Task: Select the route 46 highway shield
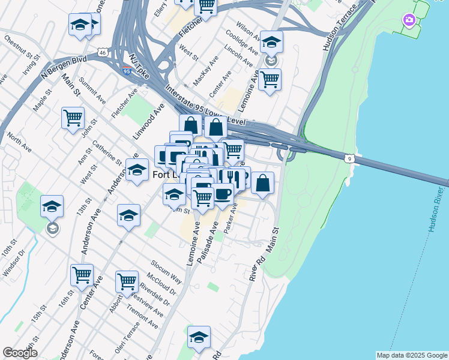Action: [x=104, y=53]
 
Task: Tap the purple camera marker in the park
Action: [x=409, y=21]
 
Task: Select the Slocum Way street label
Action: [x=166, y=272]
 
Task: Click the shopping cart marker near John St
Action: [x=73, y=118]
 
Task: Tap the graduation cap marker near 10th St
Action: [x=52, y=206]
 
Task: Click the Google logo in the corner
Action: [x=20, y=353]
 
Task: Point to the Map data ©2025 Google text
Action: [x=412, y=355]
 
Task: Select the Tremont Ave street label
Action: [x=143, y=316]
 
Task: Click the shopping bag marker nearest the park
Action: [x=262, y=183]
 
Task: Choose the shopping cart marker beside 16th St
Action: [x=82, y=275]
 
